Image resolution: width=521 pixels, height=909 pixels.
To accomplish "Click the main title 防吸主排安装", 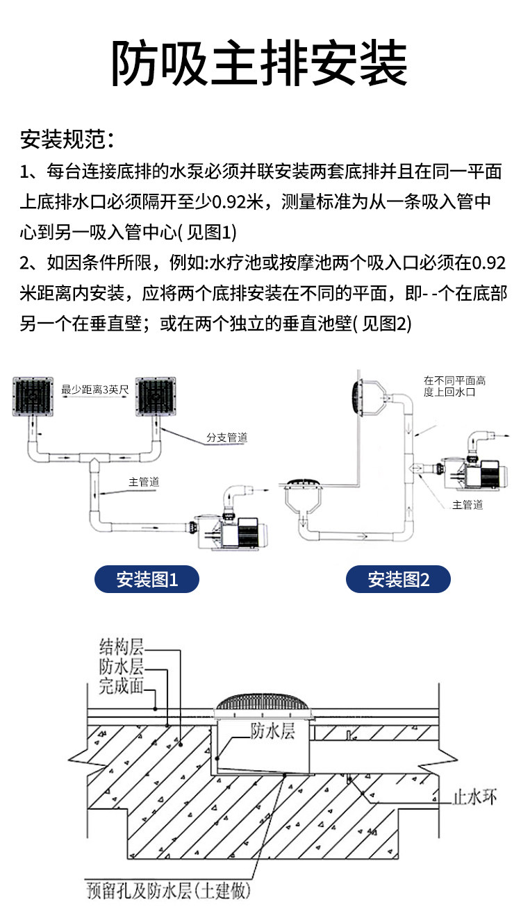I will tap(260, 63).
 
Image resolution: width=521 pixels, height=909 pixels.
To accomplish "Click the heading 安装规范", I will tap(67, 139).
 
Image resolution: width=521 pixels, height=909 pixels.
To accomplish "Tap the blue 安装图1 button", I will tap(147, 579).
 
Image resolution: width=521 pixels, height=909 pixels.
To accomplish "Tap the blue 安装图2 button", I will tap(398, 579).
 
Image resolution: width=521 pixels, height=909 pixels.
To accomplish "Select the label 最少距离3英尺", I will tap(95, 390).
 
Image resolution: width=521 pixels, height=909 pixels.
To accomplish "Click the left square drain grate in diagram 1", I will tap(33, 399).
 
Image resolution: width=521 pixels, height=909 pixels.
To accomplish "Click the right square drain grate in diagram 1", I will tap(156, 399).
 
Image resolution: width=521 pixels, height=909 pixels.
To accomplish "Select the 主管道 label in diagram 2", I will tap(467, 505).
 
